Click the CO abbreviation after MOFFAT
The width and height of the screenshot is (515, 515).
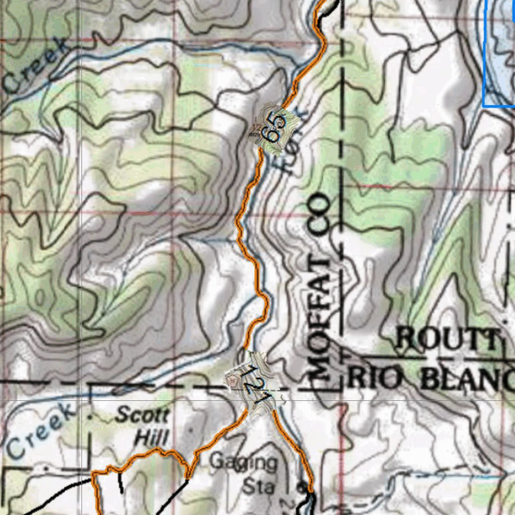[x=320, y=214]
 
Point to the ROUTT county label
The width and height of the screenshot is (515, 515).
[x=449, y=339]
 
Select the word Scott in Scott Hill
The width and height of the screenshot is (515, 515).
[x=142, y=416]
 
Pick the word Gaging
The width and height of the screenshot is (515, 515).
[x=243, y=462]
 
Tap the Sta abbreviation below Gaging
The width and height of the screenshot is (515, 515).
[x=259, y=486]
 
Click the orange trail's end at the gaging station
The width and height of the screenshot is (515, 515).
[x=310, y=490]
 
